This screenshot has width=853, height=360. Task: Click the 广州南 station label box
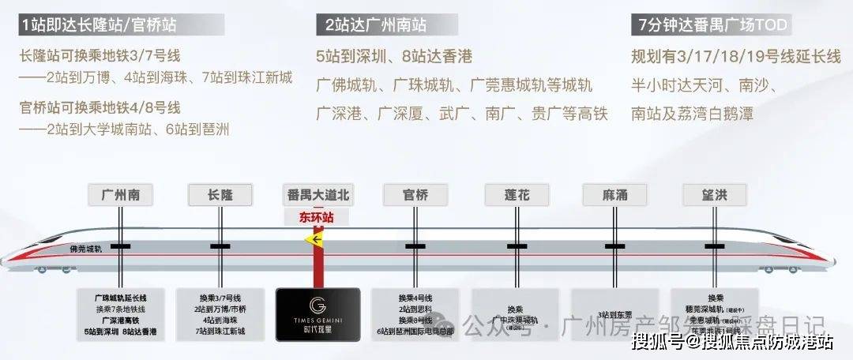click(120, 195)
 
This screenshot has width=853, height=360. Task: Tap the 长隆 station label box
click(220, 195)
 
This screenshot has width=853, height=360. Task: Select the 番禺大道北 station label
click(316, 195)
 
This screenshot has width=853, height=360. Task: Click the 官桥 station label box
click(416, 195)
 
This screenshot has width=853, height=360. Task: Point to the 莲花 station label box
click(517, 195)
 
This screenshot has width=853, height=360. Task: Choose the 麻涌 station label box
click(615, 195)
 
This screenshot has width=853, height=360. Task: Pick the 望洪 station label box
click(715, 195)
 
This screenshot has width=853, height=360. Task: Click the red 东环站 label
click(317, 216)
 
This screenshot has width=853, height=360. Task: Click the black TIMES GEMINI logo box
click(318, 314)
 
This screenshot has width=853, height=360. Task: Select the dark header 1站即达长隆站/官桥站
click(100, 25)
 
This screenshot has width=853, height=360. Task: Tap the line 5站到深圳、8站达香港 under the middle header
click(394, 57)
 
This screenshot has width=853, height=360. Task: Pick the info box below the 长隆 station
click(220, 314)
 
